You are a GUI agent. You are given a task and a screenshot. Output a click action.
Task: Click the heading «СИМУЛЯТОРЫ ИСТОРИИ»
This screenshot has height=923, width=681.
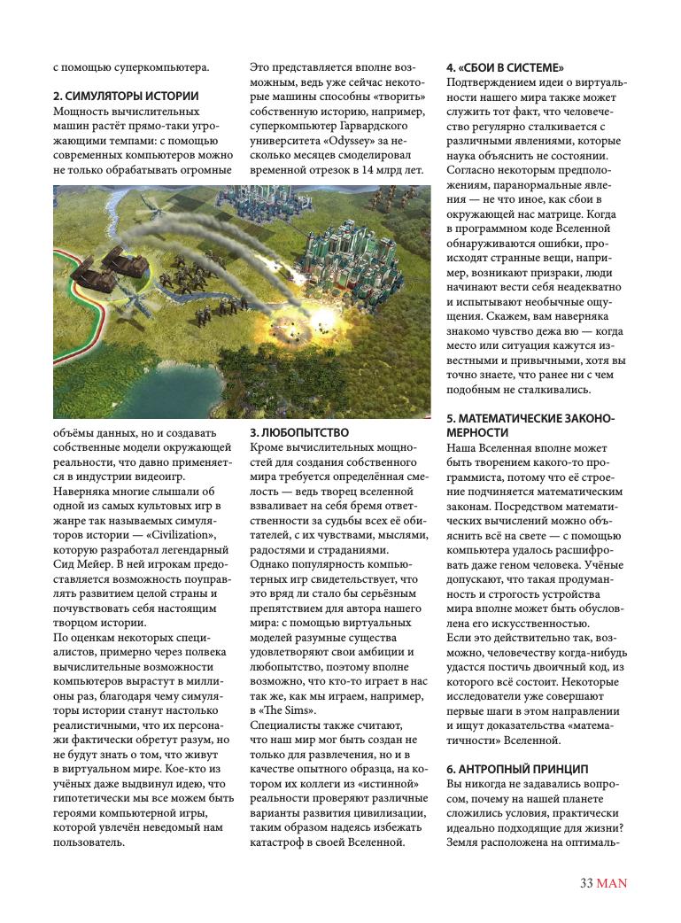click(125, 96)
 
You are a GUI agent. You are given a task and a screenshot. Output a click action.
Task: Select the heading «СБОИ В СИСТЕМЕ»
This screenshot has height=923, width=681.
click(506, 67)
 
